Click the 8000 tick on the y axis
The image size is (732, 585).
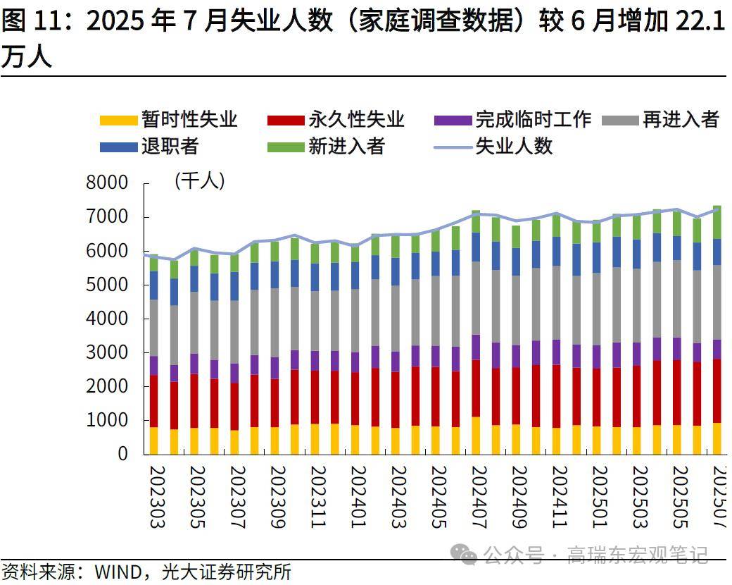(x=106, y=183)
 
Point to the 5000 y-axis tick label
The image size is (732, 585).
(x=106, y=285)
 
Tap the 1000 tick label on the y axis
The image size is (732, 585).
(x=106, y=420)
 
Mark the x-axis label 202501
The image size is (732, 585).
(x=599, y=497)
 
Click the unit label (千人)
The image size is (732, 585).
(x=199, y=181)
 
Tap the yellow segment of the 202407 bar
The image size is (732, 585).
(x=476, y=436)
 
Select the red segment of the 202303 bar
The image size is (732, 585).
(x=153, y=401)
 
